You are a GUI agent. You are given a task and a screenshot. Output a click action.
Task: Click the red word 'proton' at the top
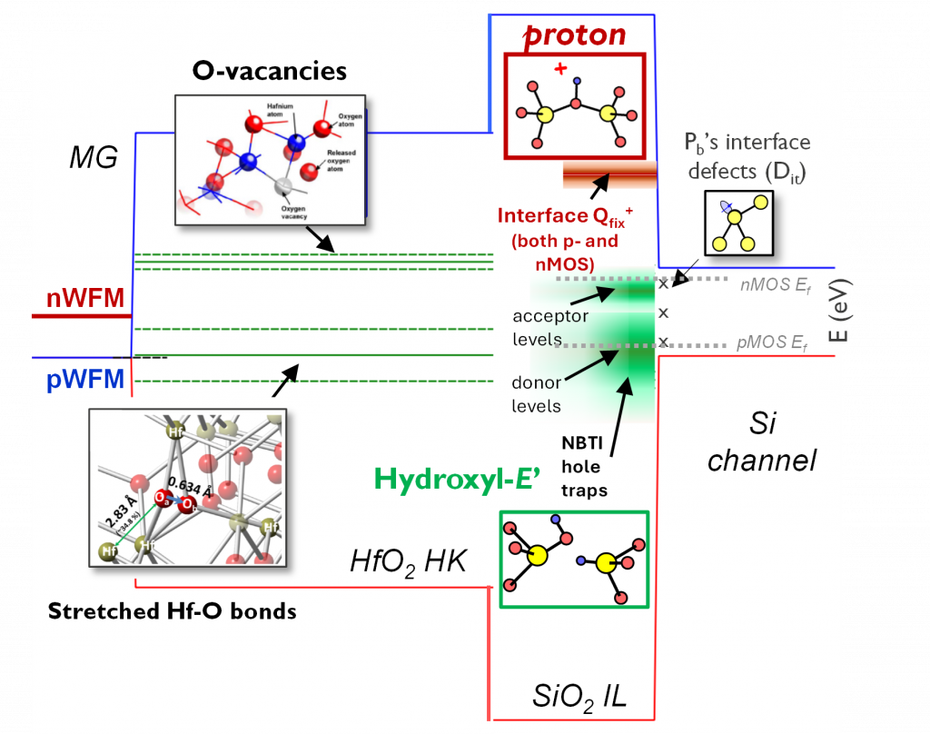tap(576, 35)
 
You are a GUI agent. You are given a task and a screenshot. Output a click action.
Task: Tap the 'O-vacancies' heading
tap(270, 70)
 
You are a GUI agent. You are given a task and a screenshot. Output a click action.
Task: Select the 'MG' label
tap(94, 159)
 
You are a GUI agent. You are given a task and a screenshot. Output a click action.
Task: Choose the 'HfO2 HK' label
tap(408, 561)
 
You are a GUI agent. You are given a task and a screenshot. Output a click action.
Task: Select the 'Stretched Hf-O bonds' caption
tap(172, 610)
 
